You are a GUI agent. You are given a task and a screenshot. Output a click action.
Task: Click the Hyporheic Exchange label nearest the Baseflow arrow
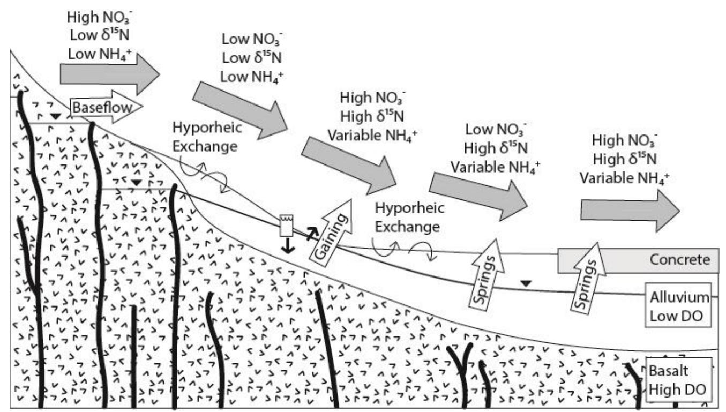(206, 138)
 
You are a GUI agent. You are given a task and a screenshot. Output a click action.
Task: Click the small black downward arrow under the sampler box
(289, 245)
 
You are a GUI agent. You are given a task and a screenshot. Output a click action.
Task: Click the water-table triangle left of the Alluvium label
(527, 283)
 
